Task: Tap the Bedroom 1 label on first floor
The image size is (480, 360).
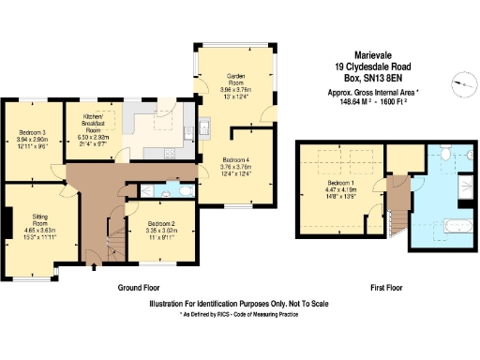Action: (341, 186)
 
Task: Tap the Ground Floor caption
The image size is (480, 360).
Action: (138, 288)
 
